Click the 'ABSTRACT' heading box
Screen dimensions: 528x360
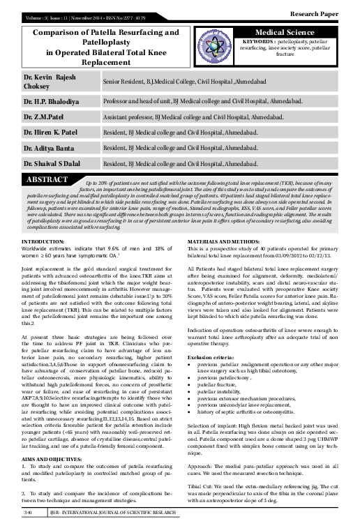[47, 180]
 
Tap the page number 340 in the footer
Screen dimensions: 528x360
[29, 511]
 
